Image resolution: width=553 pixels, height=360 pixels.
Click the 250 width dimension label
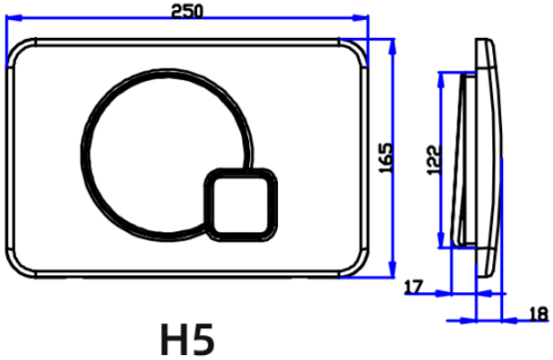(x=187, y=11)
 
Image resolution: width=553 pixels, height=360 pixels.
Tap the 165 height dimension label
(x=386, y=158)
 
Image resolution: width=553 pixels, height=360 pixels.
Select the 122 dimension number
(x=434, y=160)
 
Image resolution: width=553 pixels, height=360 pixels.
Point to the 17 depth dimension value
(x=414, y=287)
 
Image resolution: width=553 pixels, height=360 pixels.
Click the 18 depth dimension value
(x=540, y=314)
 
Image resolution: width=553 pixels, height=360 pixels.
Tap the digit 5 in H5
(x=204, y=340)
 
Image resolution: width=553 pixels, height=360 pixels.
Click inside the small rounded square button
(x=241, y=205)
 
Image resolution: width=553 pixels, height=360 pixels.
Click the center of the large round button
(x=166, y=155)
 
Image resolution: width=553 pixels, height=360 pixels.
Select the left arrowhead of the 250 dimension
(x=13, y=17)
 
